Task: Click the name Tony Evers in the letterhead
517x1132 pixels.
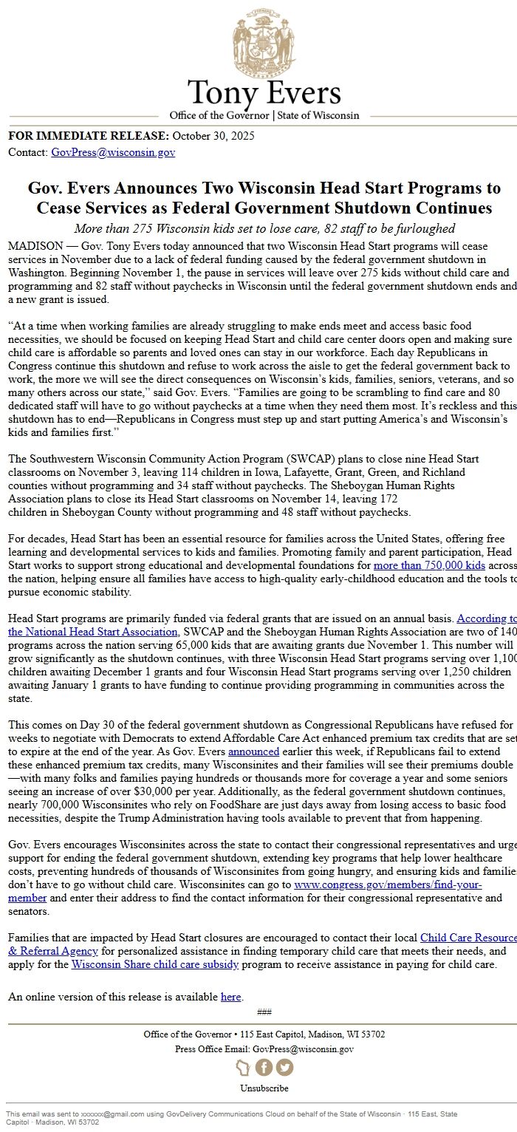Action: (264, 93)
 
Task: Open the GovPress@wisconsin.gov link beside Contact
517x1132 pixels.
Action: (113, 152)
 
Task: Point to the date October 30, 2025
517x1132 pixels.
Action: (213, 136)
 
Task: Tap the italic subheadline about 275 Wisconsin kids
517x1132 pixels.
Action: (264, 228)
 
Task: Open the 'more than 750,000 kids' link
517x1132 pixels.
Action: (429, 565)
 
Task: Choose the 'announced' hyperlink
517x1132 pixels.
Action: (253, 751)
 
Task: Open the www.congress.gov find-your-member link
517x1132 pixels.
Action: (388, 884)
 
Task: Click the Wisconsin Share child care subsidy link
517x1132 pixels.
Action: (154, 964)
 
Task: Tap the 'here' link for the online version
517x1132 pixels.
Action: (230, 997)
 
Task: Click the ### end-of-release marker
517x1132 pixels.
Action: (264, 1012)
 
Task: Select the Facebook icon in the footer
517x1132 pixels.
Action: (264, 1068)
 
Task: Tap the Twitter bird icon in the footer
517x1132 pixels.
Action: (284, 1068)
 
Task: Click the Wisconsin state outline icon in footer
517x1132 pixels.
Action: (243, 1068)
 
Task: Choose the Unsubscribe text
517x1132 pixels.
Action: (264, 1088)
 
